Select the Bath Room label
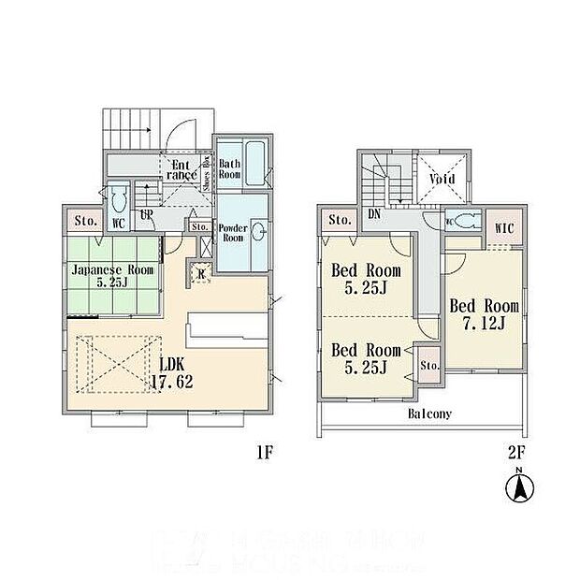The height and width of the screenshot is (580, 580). [x=230, y=169]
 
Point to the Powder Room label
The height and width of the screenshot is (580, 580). [x=231, y=232]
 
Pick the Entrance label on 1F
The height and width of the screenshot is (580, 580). [x=181, y=169]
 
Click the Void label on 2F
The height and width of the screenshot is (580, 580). [x=442, y=178]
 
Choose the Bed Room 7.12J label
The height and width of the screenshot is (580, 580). [x=484, y=314]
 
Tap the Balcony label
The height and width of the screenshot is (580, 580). [x=430, y=413]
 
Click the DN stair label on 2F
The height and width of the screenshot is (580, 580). [x=372, y=214]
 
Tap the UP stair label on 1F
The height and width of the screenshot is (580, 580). [x=147, y=214]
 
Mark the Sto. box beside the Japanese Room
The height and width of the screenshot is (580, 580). [x=81, y=223]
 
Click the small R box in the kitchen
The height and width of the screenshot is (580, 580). [x=203, y=274]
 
